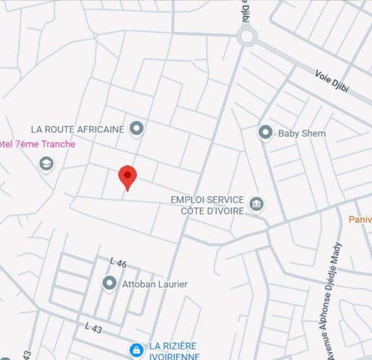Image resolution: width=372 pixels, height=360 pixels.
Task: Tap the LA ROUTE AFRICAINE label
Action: tap(78, 129)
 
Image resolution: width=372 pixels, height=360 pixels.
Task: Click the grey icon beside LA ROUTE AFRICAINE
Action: tap(136, 128)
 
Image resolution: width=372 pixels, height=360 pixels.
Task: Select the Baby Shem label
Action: tap(302, 133)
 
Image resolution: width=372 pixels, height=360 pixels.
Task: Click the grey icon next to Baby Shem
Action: tap(266, 132)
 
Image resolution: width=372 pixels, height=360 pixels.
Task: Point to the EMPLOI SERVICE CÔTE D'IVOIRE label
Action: tap(207, 205)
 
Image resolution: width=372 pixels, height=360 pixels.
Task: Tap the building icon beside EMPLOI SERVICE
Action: tap(256, 203)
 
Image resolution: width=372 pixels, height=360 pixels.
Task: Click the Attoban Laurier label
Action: tap(154, 284)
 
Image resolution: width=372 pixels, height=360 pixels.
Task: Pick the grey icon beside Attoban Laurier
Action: tap(109, 283)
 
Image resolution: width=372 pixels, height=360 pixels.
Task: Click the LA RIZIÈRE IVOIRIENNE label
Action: tap(173, 351)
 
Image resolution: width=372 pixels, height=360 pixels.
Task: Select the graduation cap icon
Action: tap(46, 164)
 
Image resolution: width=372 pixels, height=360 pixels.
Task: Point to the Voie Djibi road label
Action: tap(332, 81)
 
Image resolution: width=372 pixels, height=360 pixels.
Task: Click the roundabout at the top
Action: tap(246, 36)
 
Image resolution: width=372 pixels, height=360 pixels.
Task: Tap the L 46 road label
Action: tap(118, 262)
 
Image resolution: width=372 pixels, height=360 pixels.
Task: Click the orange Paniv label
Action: tap(361, 219)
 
